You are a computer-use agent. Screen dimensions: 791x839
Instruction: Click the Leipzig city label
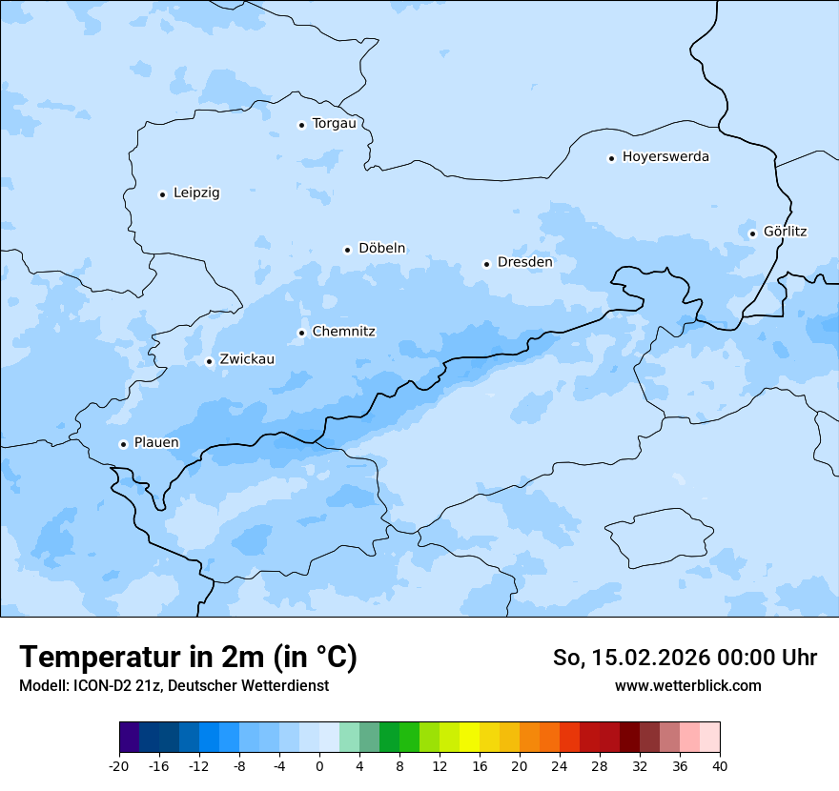coord(196,193)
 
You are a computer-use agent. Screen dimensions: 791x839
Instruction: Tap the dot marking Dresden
coord(486,264)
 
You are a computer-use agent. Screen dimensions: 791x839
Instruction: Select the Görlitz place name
coord(785,232)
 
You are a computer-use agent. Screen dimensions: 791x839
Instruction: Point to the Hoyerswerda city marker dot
coord(611,158)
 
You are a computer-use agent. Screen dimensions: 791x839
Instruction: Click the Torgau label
coord(334,124)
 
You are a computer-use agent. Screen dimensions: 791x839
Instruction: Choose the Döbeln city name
coord(381,249)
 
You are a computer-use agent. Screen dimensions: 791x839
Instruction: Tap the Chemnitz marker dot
coord(301,333)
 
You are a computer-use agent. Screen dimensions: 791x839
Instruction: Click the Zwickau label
coord(247,360)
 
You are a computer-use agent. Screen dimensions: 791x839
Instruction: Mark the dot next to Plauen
coord(123,444)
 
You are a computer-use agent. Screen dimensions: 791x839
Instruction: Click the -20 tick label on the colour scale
coord(119,766)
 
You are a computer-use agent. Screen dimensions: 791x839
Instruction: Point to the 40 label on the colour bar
coord(720,766)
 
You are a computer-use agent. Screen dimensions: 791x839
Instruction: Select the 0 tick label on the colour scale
coord(319,766)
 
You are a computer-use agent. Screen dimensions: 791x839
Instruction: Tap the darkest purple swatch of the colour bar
coord(129,738)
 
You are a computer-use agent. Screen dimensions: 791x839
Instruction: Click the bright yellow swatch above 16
coord(469,738)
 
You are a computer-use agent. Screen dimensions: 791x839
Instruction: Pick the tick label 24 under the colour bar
coord(560,766)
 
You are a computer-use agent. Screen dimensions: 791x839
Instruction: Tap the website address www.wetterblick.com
coord(687,686)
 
